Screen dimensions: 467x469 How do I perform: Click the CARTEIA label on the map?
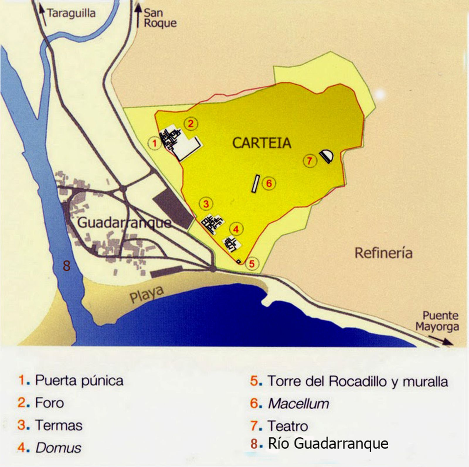(x=261, y=143)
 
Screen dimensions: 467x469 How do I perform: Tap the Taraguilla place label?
(x=71, y=13)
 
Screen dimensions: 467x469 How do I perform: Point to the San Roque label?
(x=160, y=18)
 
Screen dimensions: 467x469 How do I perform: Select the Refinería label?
(x=383, y=253)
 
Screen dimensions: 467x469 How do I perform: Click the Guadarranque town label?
(x=124, y=223)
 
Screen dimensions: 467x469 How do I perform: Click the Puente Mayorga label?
(x=437, y=321)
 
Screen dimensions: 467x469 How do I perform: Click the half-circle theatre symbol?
(x=326, y=156)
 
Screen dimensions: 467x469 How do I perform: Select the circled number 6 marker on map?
(x=269, y=183)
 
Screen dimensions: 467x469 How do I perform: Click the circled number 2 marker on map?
(x=191, y=124)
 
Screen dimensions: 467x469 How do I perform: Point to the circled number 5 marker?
(x=252, y=264)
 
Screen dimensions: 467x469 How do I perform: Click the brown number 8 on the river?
(x=67, y=266)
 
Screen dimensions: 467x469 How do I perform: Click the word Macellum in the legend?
(x=298, y=404)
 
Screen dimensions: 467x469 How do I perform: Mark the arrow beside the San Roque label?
(x=138, y=16)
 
